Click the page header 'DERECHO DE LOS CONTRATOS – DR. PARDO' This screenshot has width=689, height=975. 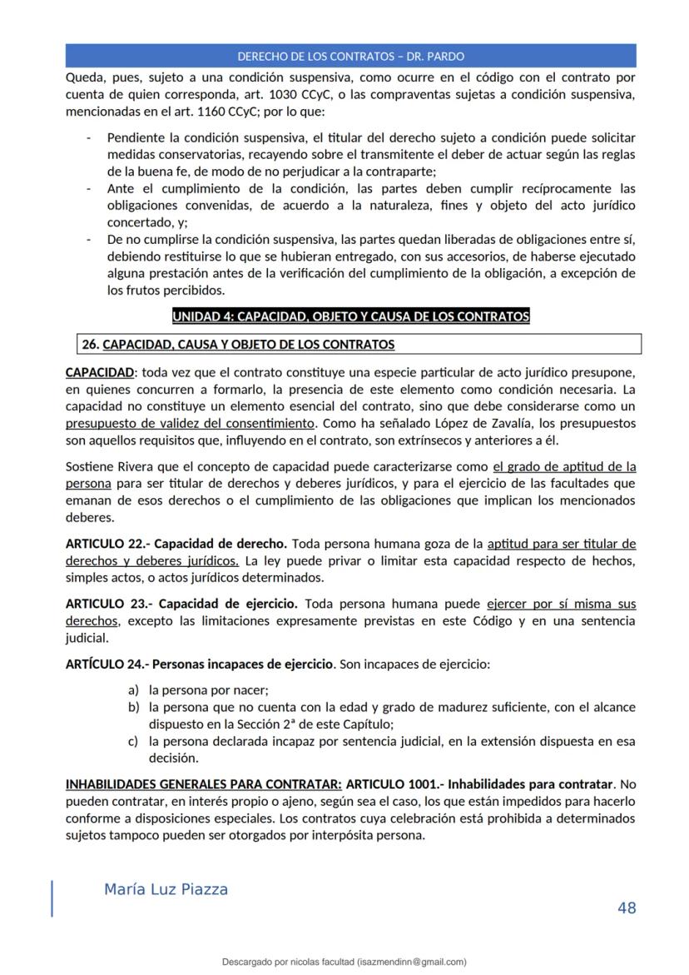(x=350, y=57)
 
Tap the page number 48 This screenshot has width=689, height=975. (x=627, y=908)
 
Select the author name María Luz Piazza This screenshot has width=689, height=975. (x=166, y=889)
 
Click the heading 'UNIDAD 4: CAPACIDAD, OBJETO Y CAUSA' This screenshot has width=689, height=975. (x=350, y=316)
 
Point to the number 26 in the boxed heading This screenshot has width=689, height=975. (x=90, y=344)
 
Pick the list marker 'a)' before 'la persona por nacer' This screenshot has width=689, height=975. (x=133, y=689)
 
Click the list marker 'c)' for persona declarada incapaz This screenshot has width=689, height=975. (x=133, y=741)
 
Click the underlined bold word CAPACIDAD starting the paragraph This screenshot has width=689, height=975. (x=99, y=371)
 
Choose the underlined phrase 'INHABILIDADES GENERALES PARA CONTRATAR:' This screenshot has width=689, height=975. (x=203, y=784)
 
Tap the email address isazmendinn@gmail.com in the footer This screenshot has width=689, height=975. (x=411, y=962)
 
